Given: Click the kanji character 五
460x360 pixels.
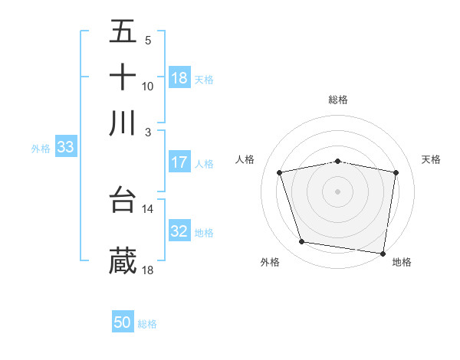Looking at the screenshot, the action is coord(123,32).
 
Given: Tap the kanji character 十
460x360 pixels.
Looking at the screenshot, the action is coord(123,77).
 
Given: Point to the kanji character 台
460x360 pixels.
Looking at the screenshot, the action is coord(123,199).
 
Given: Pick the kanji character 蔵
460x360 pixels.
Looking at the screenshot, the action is coord(123,260).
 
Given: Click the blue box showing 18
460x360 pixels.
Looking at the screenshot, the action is coord(179,78).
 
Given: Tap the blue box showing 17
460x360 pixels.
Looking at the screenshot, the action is coord(179,162).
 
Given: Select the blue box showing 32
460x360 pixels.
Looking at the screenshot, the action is coord(179,231).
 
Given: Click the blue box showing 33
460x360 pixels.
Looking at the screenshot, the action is coord(64,147).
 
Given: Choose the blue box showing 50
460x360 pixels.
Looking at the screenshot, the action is coord(123,322).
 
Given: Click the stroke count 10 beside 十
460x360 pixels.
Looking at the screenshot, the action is coord(148,87).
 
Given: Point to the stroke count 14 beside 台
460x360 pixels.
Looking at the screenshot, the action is coord(148,208).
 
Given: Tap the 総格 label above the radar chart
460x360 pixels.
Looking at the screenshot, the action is coord(338,100).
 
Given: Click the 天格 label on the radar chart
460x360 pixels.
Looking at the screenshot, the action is coord(431,159).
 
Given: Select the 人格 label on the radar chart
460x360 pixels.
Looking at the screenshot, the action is coord(245,159).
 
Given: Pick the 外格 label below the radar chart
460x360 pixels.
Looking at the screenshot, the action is coord(270,263).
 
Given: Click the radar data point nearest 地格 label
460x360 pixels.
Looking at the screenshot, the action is coord(383,253).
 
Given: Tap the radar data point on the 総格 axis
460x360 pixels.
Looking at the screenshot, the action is coord(338,161).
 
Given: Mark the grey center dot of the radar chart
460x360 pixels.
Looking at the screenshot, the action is coord(338,191).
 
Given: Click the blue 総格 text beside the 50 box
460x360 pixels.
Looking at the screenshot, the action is coord(147,324).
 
